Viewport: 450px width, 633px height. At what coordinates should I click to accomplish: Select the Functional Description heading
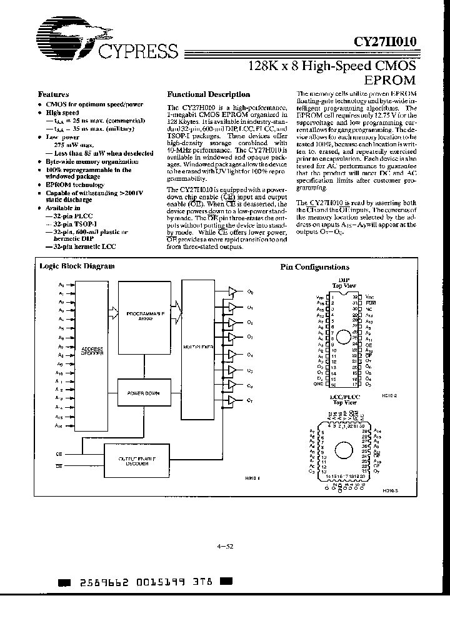pyautogui.click(x=209, y=94)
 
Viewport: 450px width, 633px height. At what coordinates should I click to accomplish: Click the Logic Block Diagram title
pyautogui.click(x=77, y=266)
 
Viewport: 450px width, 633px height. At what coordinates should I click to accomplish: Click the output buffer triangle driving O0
pyautogui.click(x=232, y=292)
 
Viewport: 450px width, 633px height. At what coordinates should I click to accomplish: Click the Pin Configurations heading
pyautogui.click(x=314, y=267)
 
